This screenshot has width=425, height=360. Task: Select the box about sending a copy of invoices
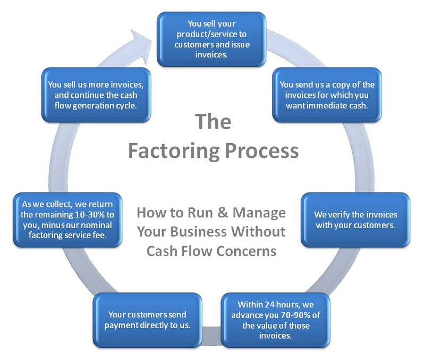[327, 95]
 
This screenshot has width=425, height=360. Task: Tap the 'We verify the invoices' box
[355, 220]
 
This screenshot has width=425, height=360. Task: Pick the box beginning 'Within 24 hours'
[276, 320]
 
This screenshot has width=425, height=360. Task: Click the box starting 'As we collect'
[66, 220]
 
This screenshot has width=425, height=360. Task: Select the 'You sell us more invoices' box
[96, 95]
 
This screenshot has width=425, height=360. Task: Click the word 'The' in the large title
[213, 122]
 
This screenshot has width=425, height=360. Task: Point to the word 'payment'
[123, 325]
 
